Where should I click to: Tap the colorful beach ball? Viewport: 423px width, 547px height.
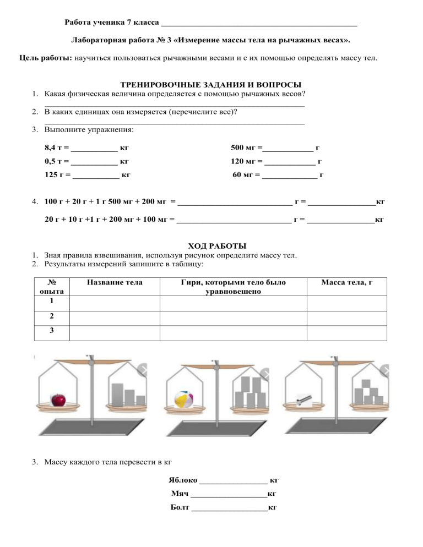(x=183, y=398)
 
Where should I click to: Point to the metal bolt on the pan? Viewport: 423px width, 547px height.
(x=303, y=400)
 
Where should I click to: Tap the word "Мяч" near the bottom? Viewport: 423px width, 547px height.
(x=180, y=494)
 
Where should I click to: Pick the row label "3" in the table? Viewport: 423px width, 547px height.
(x=52, y=332)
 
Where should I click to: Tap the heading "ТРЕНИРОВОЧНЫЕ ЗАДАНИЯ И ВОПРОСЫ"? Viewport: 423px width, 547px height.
(x=211, y=84)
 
